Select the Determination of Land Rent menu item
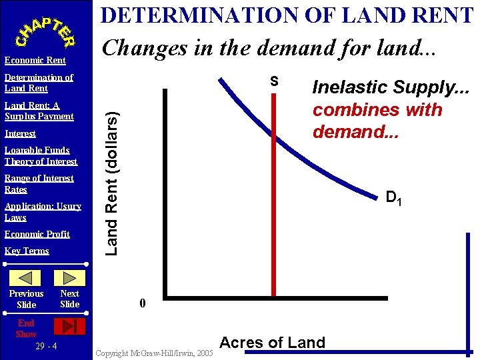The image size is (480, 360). (x=39, y=83)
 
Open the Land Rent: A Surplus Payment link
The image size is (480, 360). (x=39, y=111)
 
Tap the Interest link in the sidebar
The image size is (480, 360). (x=20, y=133)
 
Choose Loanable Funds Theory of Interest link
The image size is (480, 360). (x=41, y=155)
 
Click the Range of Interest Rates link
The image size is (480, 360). (x=39, y=183)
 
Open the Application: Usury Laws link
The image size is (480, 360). (x=43, y=211)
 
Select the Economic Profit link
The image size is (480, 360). (x=37, y=234)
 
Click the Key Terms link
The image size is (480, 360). (x=27, y=251)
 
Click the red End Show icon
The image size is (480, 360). (x=69, y=326)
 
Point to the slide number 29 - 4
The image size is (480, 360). (x=45, y=347)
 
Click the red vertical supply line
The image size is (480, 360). (x=273, y=200)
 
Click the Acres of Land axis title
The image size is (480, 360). (x=272, y=343)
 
